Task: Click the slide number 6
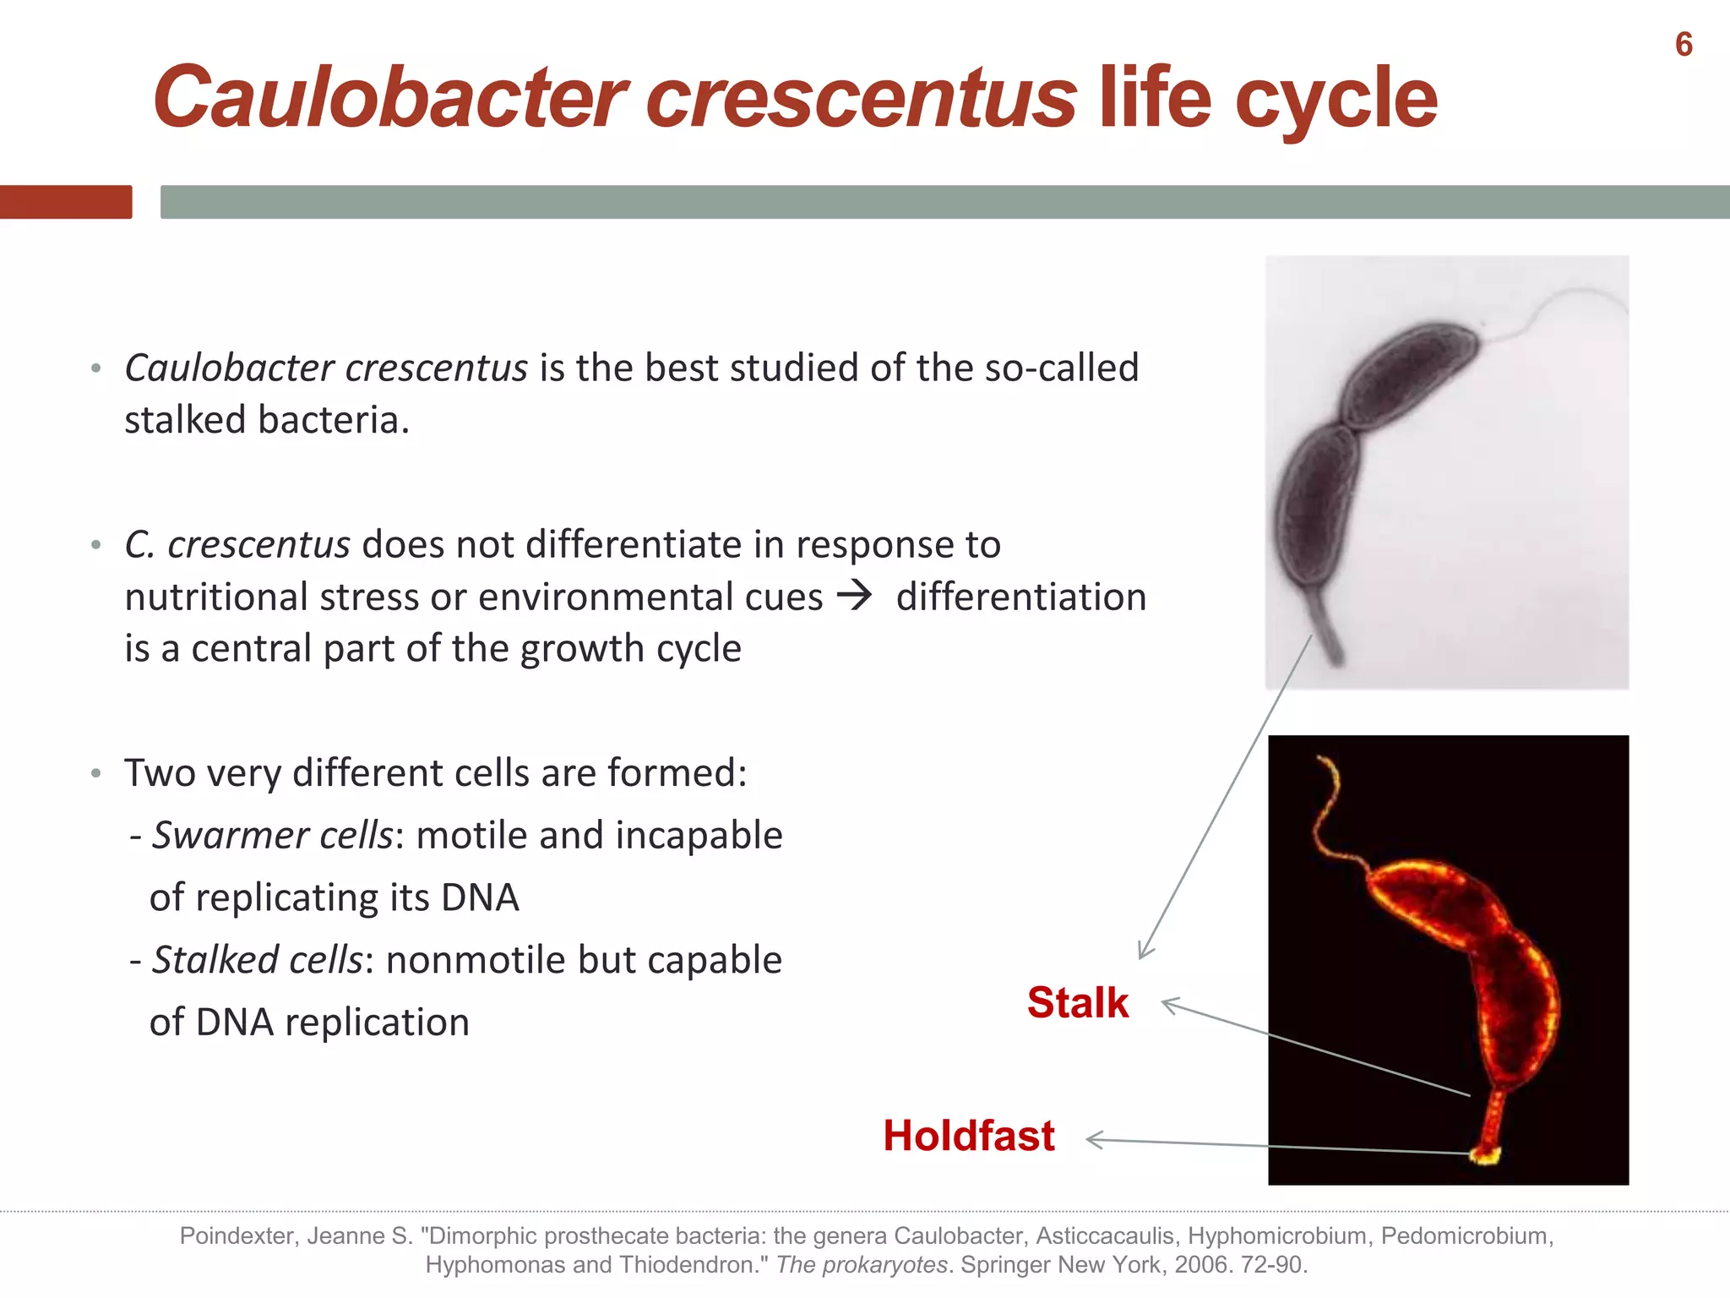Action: pos(1684,45)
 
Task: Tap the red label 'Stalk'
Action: pos(1077,1003)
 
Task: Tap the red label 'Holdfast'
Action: pos(968,1136)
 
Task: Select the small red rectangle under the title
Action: pos(66,202)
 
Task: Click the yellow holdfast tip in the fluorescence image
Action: pos(1484,1154)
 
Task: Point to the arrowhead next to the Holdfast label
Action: pos(1094,1140)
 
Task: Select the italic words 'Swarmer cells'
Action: pos(272,835)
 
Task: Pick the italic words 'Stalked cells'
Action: pos(257,960)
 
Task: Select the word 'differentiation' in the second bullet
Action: pos(1020,597)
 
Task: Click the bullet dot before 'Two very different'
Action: pos(96,773)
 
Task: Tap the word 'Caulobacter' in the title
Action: pos(389,99)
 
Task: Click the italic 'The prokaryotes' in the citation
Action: pos(861,1265)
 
